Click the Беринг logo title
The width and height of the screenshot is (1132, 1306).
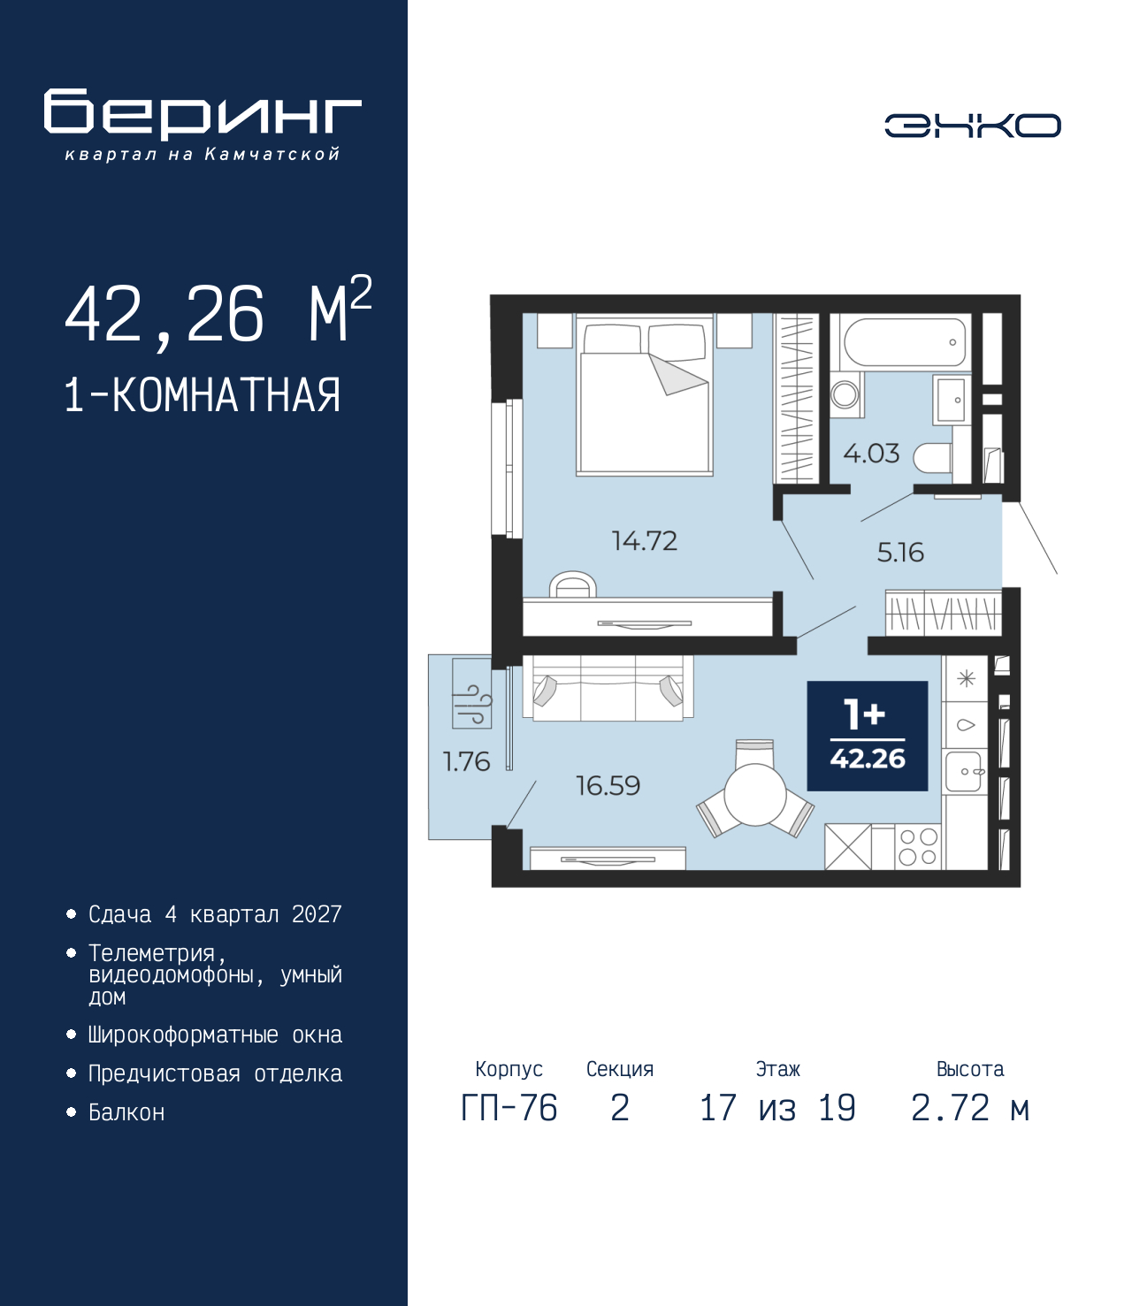[x=203, y=114]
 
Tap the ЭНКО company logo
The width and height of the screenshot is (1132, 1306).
[x=972, y=126]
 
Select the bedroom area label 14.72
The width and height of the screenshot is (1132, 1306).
[x=644, y=540]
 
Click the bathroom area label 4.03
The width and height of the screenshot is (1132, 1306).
[x=871, y=454]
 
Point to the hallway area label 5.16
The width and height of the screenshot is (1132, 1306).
[x=900, y=553]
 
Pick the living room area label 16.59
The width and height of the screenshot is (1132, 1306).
[x=608, y=785]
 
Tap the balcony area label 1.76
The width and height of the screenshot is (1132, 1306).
[x=466, y=761]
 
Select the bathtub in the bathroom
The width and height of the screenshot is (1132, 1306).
[x=904, y=342]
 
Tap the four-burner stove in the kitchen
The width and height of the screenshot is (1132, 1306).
[x=917, y=846]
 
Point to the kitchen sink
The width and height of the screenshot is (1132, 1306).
[x=965, y=771]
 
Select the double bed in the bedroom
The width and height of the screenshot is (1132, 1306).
[x=645, y=395]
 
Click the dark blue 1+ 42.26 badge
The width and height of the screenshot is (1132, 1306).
[x=867, y=736]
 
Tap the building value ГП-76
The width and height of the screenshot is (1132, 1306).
[x=509, y=1108]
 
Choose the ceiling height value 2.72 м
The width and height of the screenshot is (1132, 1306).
[x=970, y=1108]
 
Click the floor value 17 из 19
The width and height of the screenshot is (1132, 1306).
[x=777, y=1108]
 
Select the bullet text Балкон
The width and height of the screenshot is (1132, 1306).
[x=126, y=1112]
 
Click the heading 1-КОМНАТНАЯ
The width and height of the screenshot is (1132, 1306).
[x=203, y=394]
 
